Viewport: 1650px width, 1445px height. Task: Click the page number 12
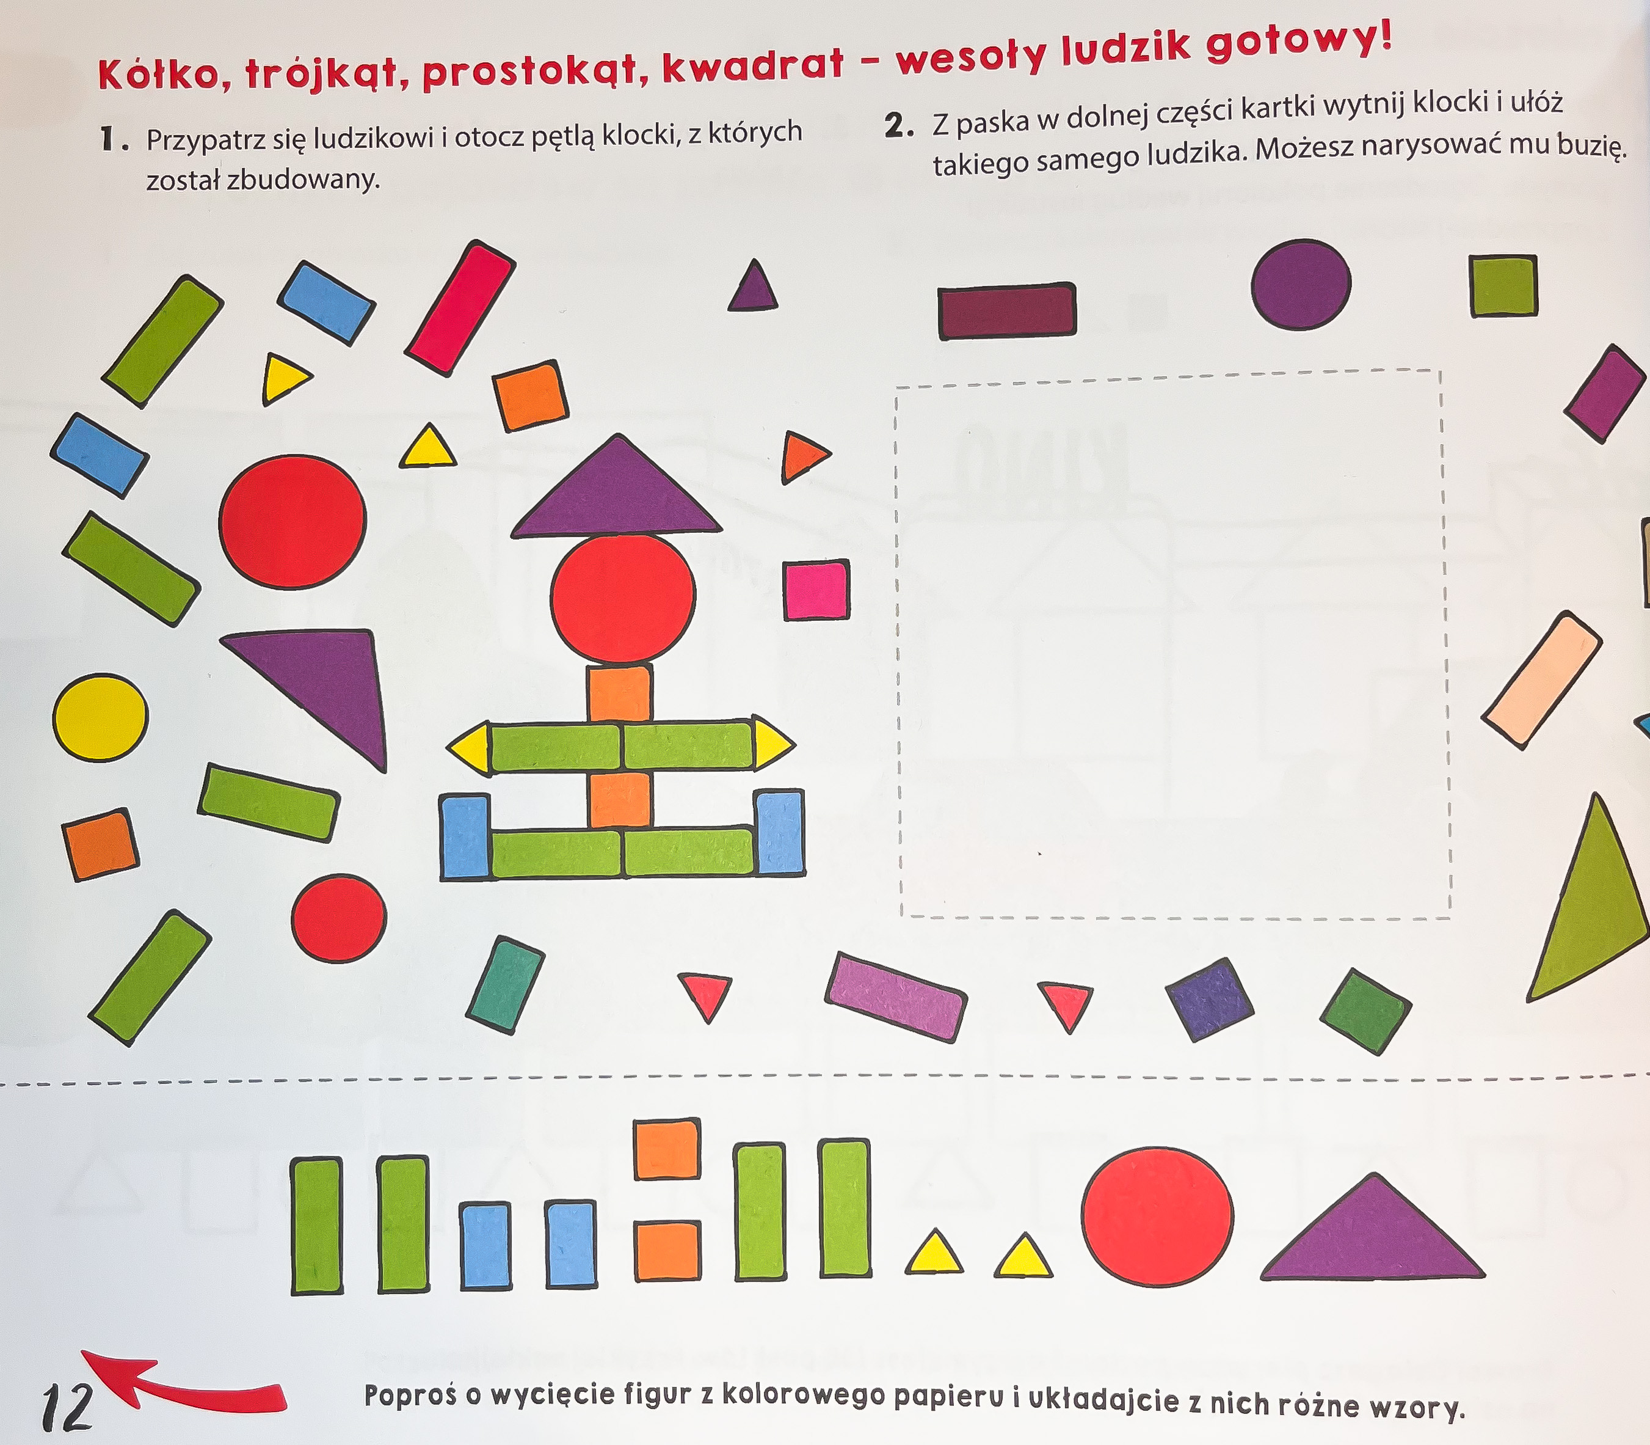click(x=68, y=1405)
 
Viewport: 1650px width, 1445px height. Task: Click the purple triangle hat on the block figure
click(x=617, y=487)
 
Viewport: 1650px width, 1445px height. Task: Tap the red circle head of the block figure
click(x=623, y=598)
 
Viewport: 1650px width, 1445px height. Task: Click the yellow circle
click(x=101, y=718)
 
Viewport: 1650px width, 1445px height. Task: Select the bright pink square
click(x=816, y=590)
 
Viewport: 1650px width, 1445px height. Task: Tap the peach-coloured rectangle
click(x=1541, y=680)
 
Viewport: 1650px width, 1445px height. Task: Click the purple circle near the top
click(x=1301, y=284)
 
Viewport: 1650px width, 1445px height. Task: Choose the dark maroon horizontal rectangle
click(x=1007, y=310)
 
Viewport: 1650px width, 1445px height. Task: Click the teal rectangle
click(x=506, y=984)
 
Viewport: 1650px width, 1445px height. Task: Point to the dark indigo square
click(x=1210, y=1000)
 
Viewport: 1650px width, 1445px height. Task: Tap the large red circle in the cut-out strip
click(x=1157, y=1216)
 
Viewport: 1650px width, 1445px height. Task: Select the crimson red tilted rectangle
click(x=459, y=308)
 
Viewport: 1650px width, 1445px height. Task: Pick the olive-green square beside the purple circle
click(x=1503, y=285)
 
